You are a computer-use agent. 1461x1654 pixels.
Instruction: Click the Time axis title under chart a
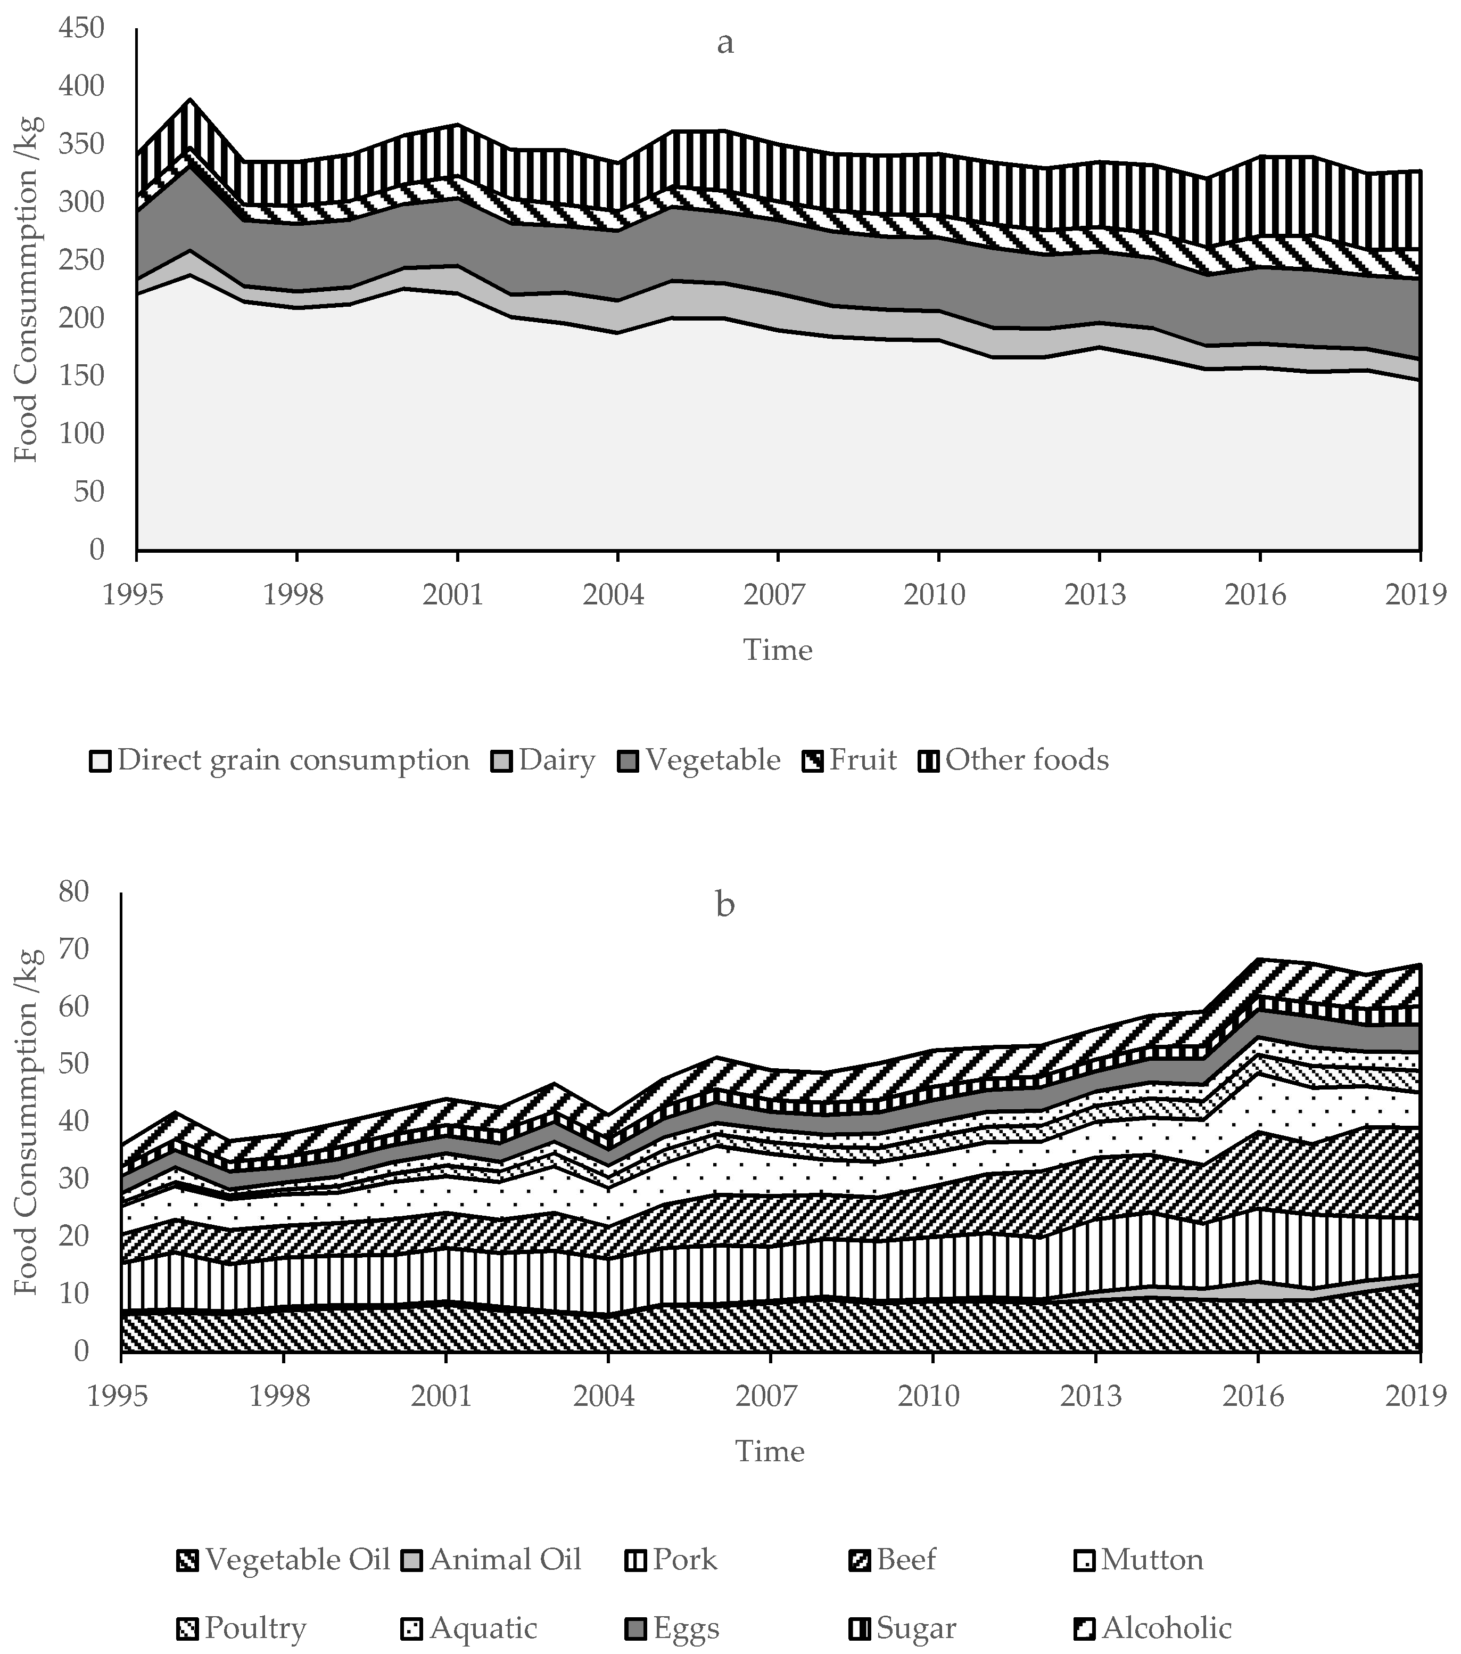point(778,650)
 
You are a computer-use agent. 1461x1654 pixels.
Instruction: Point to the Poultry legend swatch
point(188,1628)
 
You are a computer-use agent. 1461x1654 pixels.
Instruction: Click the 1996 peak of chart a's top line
point(190,100)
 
